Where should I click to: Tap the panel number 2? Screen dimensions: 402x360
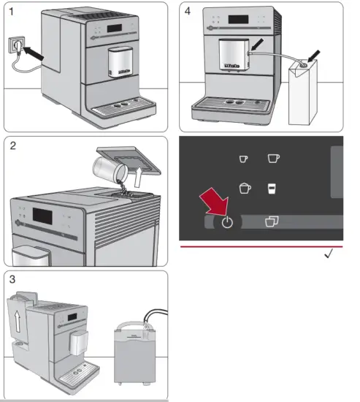pyautogui.click(x=13, y=147)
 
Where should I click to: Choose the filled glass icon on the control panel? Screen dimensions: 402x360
pyautogui.click(x=272, y=188)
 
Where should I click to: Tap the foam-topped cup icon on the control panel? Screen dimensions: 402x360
pyautogui.click(x=245, y=188)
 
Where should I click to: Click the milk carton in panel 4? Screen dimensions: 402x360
pyautogui.click(x=307, y=95)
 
